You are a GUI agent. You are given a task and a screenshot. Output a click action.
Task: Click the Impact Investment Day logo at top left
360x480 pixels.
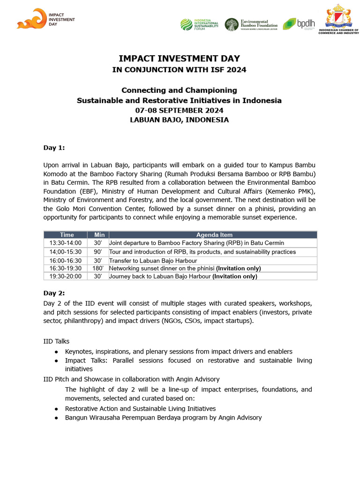tap(45, 19)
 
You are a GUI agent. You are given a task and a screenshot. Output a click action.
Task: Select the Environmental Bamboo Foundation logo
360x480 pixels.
tap(251, 24)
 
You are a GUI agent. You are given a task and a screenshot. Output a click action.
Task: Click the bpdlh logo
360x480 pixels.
tap(299, 24)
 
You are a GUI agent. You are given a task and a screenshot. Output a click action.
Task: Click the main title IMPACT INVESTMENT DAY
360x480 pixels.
tap(179, 59)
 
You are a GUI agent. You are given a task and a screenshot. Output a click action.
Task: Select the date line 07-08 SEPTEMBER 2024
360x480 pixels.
tap(179, 111)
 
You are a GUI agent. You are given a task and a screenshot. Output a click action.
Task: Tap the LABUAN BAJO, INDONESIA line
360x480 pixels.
tap(179, 120)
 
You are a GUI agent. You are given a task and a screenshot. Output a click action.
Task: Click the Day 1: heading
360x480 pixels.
tap(54, 148)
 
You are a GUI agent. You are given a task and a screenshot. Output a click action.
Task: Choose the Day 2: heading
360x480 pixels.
tap(54, 293)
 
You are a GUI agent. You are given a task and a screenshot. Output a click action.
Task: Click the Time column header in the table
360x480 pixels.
tap(67, 235)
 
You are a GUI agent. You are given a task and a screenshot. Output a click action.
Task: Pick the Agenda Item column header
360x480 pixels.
tap(214, 235)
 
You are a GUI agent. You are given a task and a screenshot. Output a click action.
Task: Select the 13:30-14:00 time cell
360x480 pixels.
tap(65, 243)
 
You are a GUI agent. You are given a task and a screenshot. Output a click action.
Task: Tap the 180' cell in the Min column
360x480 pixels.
tap(98, 268)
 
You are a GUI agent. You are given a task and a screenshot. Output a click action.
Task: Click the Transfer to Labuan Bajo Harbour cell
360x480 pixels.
tap(153, 261)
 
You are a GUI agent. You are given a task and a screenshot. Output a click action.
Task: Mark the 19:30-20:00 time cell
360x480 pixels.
tap(65, 277)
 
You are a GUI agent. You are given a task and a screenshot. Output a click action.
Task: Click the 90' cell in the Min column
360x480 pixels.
tap(98, 252)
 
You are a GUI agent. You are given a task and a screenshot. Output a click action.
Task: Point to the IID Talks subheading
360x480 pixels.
tap(56, 341)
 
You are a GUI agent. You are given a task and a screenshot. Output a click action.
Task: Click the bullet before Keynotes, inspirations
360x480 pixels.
tap(56, 352)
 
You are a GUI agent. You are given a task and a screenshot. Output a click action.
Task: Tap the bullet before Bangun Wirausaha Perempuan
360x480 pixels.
tap(56, 418)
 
